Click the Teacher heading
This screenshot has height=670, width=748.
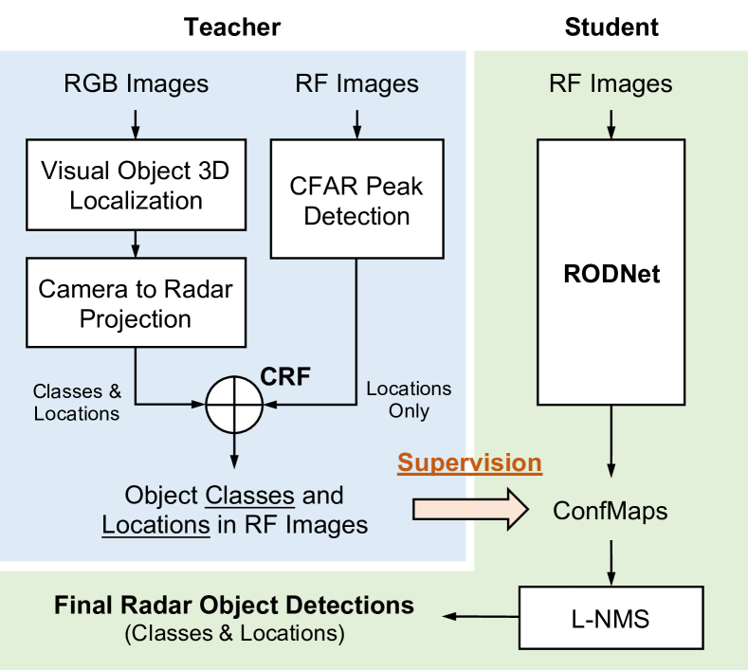[x=232, y=27]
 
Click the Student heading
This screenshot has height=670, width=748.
[x=611, y=27]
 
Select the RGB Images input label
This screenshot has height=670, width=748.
[x=136, y=84]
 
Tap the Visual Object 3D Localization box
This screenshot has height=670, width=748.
[x=136, y=185]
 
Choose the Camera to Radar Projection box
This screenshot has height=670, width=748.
[x=136, y=303]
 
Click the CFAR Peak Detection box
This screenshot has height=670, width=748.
[x=356, y=199]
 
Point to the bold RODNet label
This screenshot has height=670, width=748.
[x=611, y=274]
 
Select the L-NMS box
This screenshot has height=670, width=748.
[x=611, y=618]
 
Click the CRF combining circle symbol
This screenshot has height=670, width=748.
[x=234, y=405]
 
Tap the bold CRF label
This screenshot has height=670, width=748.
[x=285, y=377]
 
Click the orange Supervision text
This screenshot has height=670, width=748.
[x=470, y=462]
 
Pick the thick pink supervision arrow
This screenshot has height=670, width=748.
[x=470, y=509]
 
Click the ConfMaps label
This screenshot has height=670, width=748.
[x=611, y=511]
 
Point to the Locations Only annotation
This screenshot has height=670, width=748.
[x=409, y=400]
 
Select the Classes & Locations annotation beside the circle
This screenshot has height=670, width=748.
[x=77, y=403]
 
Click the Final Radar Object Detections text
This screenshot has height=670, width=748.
[x=234, y=606]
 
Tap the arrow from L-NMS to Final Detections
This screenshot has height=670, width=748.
[x=481, y=617]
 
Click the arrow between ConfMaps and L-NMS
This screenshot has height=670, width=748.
[x=611, y=563]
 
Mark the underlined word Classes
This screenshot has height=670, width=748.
[x=250, y=496]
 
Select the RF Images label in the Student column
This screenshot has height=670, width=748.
[x=611, y=84]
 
